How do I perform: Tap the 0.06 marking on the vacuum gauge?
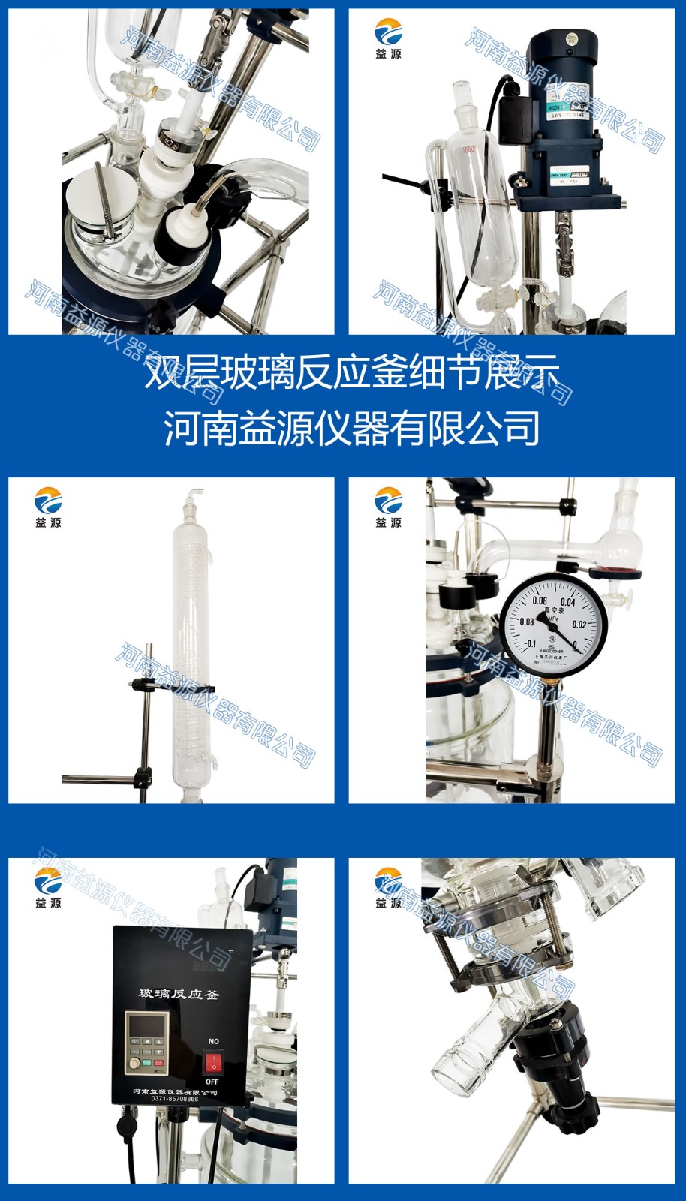coord(540,600)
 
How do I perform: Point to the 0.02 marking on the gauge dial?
coord(579,624)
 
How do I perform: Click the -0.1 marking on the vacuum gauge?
coord(530,643)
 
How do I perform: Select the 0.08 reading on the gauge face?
coord(527,622)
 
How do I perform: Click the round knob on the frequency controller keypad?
coord(135,1063)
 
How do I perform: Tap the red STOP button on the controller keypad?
coord(158,1063)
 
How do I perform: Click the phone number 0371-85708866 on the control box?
coord(175,1099)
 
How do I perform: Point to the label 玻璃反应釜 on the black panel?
coord(179,994)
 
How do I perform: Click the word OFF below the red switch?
coord(212,1082)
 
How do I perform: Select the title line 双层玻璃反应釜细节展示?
coord(353,372)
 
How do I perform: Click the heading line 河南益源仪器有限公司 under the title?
coord(353,429)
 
